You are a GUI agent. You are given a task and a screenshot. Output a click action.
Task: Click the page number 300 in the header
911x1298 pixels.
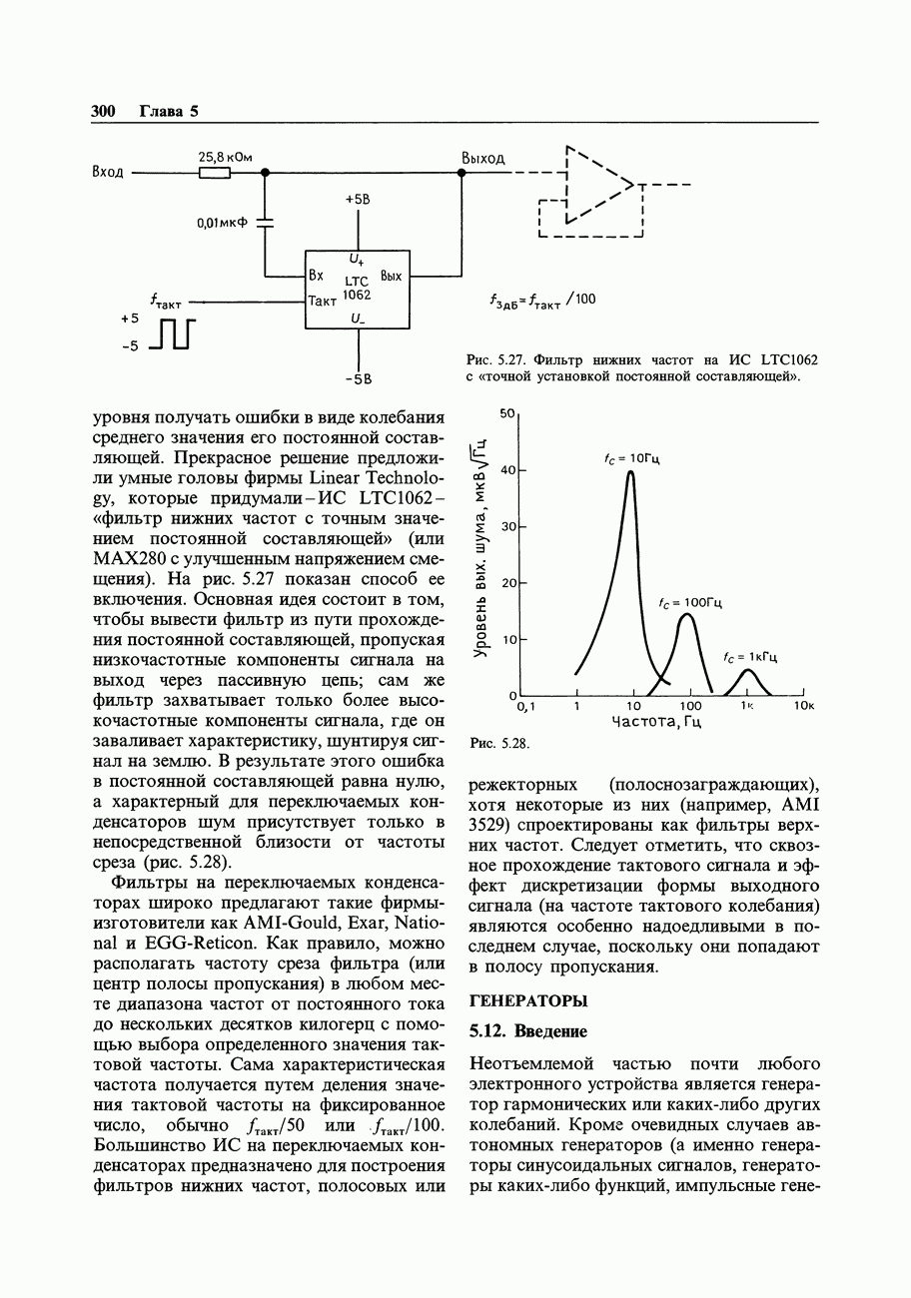104,111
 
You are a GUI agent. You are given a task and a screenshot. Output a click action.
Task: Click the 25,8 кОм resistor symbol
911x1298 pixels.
214,172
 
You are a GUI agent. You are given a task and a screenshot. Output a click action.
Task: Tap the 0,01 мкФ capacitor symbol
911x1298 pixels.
265,224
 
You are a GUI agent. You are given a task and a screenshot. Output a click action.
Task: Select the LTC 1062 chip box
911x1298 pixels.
357,289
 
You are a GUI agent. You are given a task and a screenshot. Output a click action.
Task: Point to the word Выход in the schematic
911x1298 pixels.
482,159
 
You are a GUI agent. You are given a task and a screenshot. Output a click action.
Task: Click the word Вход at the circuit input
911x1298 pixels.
108,172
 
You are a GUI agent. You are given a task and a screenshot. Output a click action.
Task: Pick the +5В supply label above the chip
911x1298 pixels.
358,200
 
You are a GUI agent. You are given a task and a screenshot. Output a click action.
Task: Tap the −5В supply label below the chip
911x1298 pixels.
358,378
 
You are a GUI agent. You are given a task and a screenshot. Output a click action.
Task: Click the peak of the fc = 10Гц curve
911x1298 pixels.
631,472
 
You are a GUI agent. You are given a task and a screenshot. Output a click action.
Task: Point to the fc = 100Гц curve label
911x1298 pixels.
690,603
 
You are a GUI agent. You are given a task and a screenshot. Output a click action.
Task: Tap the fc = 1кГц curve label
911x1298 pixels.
750,657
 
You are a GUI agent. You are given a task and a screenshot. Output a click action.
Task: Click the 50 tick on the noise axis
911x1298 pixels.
506,412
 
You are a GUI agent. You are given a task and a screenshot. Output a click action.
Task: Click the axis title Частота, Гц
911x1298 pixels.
656,722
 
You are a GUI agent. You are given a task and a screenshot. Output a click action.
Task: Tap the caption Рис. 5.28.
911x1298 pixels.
496,744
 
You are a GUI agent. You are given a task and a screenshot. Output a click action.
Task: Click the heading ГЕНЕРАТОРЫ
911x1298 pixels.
528,1000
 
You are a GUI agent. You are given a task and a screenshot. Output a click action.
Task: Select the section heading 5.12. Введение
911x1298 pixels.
527,1030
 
